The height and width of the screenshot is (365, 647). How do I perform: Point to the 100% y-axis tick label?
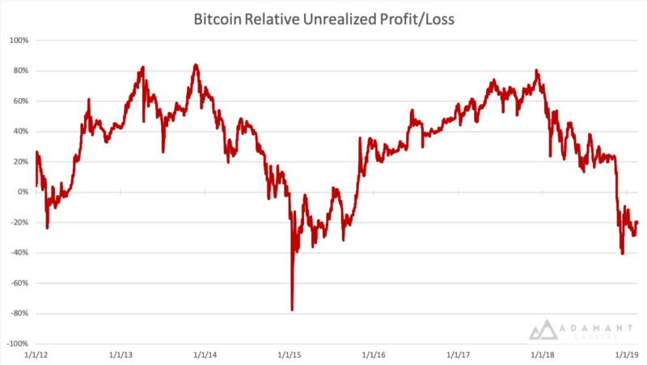pos(18,40)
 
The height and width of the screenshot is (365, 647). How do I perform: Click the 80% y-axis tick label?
pos(19,70)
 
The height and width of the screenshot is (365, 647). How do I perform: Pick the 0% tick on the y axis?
pos(23,192)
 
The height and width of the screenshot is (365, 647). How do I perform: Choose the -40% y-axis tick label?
pos(18,253)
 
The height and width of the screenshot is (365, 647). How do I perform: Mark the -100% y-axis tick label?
pos(16,344)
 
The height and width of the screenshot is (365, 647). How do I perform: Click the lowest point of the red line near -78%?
pos(292,310)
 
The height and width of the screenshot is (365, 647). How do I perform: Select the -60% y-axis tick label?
pos(18,283)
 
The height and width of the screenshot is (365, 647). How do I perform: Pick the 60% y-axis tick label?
pos(19,101)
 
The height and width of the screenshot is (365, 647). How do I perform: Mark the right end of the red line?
pos(637,222)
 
